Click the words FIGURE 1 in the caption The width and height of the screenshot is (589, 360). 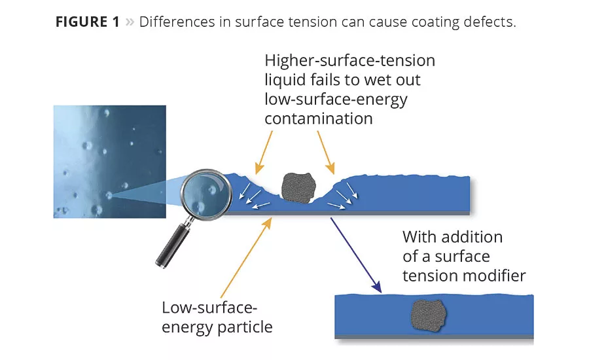tap(88, 22)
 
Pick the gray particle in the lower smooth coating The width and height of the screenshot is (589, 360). tap(429, 316)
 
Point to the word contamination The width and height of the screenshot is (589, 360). tap(319, 118)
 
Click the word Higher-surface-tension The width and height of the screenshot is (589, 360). tap(350, 61)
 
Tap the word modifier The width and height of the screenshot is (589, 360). tap(494, 276)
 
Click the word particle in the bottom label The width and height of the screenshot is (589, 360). tap(246, 327)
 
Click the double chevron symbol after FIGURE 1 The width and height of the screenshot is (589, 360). tap(130, 22)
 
